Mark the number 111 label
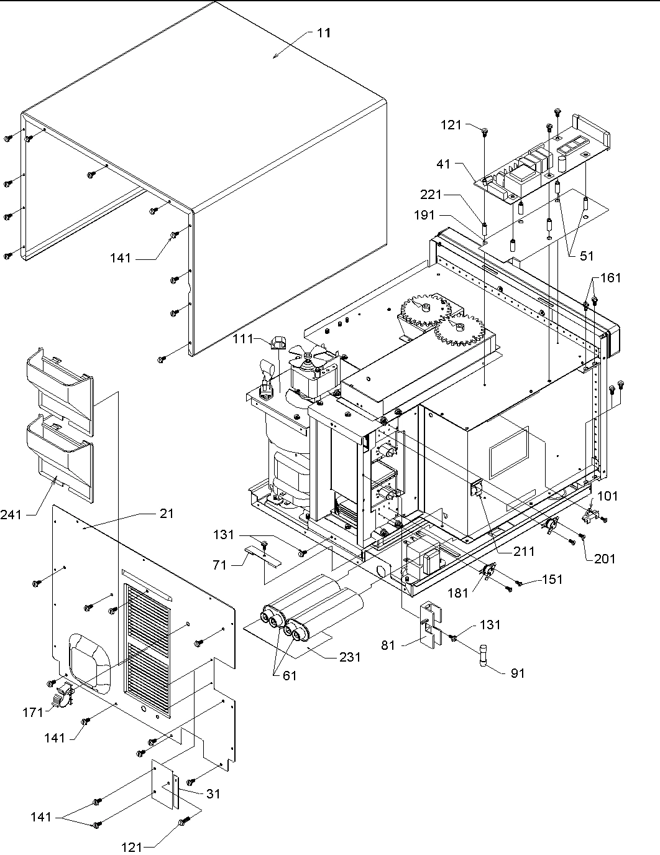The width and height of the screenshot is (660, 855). coord(242,339)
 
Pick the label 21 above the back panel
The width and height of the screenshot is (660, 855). coord(166,514)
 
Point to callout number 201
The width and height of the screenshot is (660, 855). coord(604,558)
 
